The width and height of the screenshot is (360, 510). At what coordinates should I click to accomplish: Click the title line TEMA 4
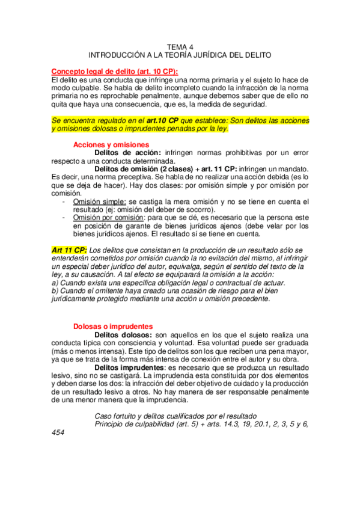coord(180,46)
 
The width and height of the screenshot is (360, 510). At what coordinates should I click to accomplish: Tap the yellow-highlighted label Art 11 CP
coord(69,250)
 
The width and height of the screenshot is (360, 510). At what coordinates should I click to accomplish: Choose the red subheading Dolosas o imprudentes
coord(110,326)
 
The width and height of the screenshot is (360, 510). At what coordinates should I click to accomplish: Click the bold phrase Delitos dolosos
coord(123,334)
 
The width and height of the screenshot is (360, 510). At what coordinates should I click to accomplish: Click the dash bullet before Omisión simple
coord(64,201)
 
